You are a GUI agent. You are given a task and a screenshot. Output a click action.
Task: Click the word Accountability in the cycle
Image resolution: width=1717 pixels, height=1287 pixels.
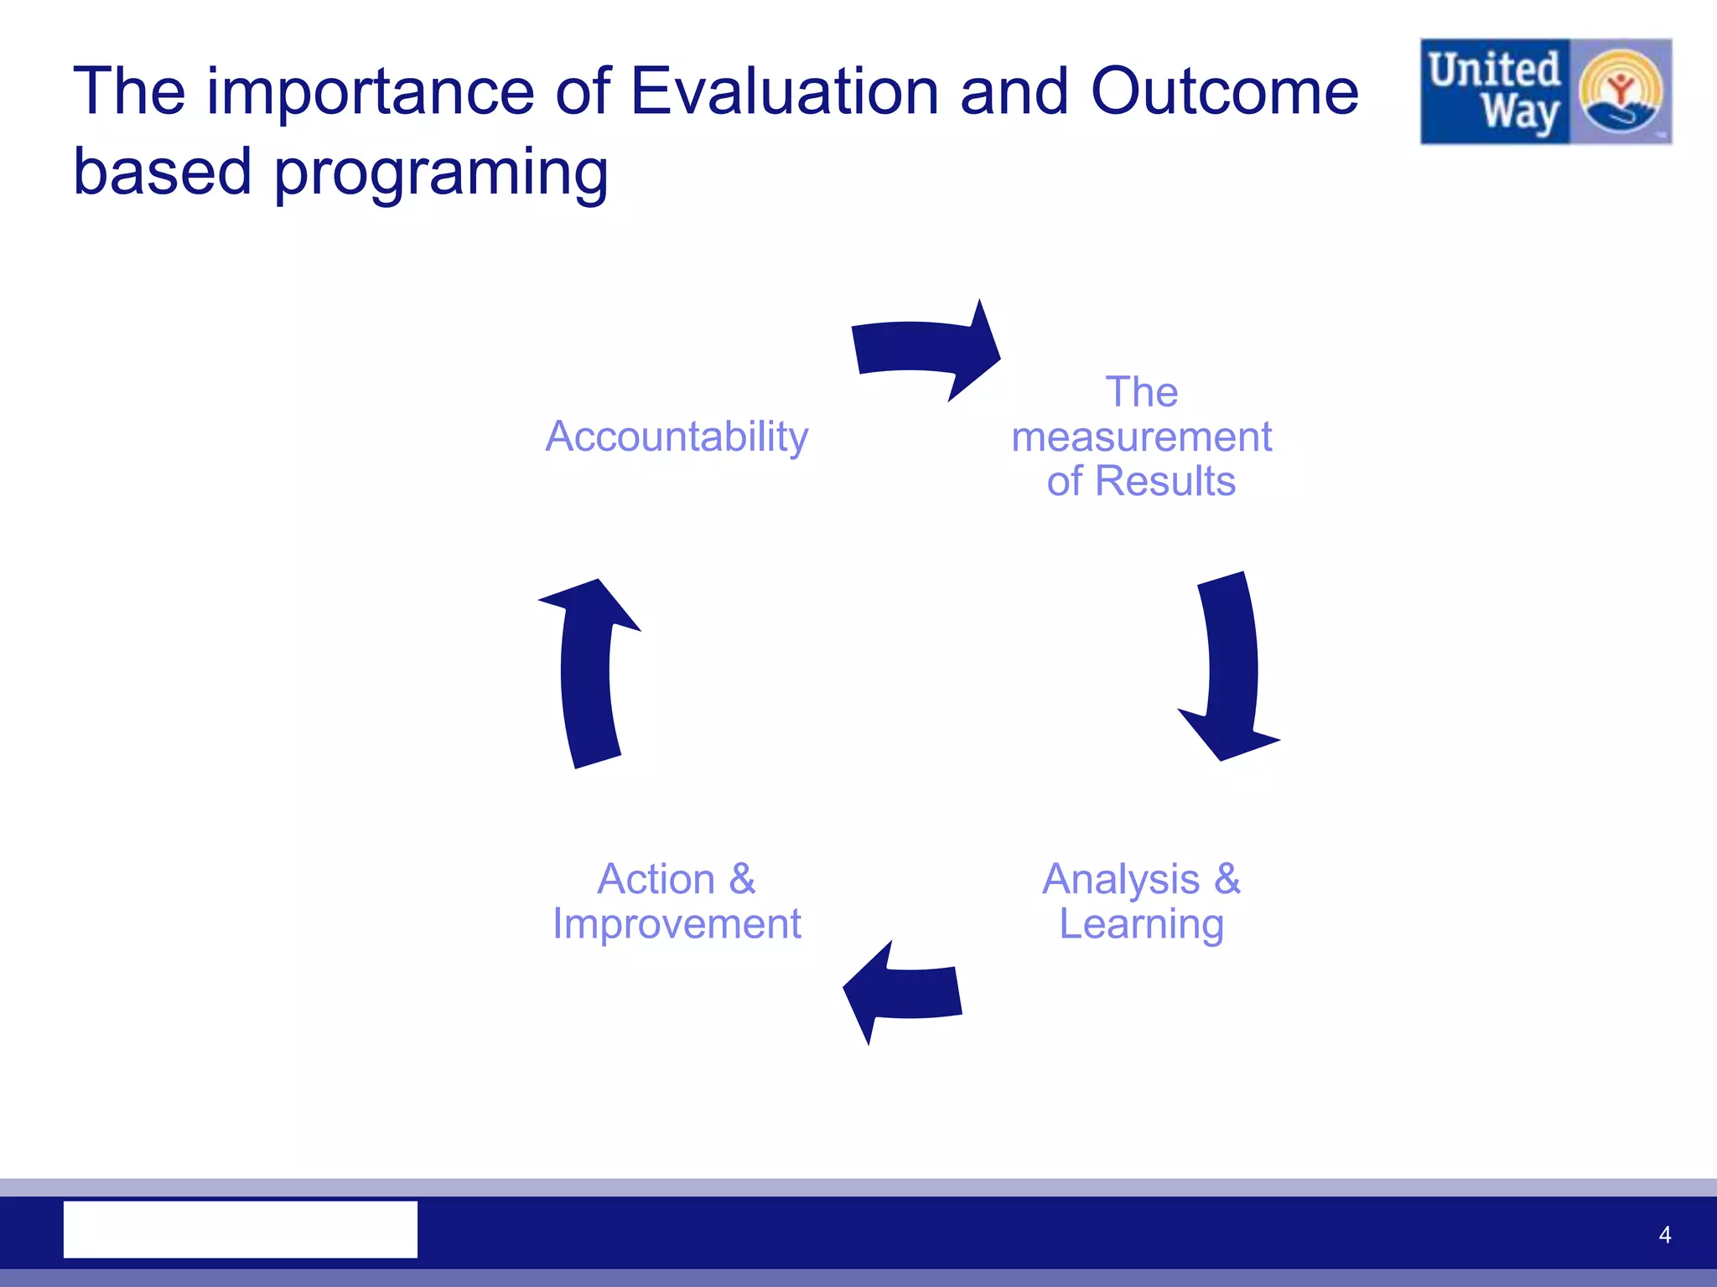pos(676,437)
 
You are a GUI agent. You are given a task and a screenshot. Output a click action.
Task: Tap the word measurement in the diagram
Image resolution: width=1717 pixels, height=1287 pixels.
pos(1141,437)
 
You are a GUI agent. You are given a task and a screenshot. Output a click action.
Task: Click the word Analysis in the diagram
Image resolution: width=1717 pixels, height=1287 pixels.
pos(1120,879)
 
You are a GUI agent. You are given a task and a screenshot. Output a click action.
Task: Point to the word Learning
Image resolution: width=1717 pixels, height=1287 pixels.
pos(1141,923)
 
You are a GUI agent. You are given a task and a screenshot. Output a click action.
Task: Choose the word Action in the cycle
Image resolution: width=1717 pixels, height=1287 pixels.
pos(656,879)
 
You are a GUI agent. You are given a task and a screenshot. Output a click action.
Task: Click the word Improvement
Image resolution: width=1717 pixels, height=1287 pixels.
pos(676,923)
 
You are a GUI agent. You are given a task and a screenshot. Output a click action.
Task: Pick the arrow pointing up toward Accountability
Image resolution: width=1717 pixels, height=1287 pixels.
pos(587,670)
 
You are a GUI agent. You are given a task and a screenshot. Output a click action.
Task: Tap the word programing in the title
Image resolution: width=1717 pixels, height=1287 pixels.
pos(441,173)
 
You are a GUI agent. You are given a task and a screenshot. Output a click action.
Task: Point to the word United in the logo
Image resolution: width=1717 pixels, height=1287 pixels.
pos(1494,69)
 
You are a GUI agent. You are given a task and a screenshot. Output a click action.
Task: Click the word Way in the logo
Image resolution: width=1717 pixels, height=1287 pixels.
pos(1519,112)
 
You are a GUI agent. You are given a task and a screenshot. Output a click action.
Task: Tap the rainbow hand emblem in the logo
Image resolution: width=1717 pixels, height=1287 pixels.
pos(1620,92)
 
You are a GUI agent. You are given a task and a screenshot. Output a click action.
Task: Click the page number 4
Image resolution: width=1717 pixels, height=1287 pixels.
pos(1664,1234)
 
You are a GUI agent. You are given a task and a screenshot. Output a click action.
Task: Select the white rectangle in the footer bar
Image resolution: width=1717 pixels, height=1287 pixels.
pos(241,1229)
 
